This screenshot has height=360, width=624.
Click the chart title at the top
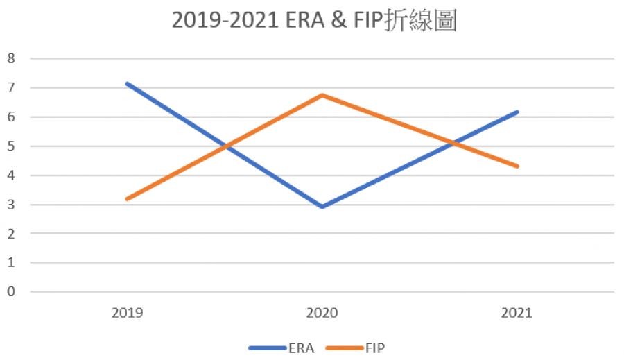click(x=313, y=21)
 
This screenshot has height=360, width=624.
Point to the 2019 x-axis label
click(x=127, y=313)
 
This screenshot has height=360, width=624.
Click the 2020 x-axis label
click(x=322, y=313)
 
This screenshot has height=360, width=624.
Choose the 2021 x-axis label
click(x=517, y=313)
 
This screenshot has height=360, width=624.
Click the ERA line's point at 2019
click(x=127, y=84)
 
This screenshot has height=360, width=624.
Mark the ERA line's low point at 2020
click(x=322, y=207)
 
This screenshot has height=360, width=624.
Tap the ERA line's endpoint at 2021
click(x=517, y=112)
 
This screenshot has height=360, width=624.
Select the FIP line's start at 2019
click(x=127, y=199)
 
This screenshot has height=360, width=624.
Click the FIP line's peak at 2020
click(x=322, y=95)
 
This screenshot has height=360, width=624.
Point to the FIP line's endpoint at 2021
click(x=517, y=166)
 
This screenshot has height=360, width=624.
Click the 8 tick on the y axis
click(x=11, y=58)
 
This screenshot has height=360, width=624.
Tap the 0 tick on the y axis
click(x=11, y=291)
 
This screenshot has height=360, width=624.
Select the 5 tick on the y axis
click(x=11, y=146)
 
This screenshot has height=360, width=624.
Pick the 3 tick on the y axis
click(x=11, y=204)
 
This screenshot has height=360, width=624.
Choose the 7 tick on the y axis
click(x=11, y=87)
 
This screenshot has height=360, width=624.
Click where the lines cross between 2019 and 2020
click(x=225, y=146)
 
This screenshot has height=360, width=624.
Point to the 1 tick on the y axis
click(x=11, y=262)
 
